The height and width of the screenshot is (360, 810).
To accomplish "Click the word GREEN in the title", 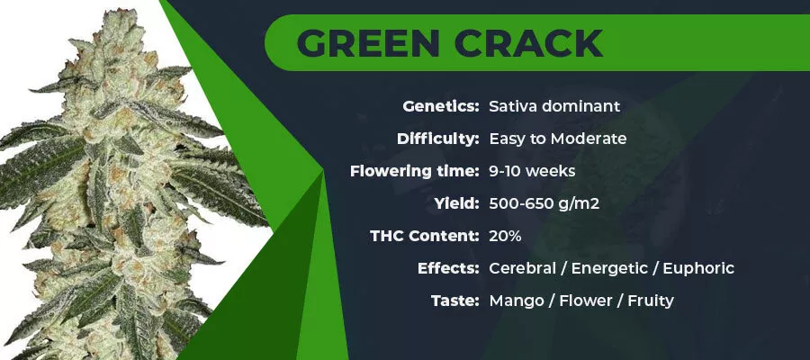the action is [x=368, y=42].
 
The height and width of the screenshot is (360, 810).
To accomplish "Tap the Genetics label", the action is [x=441, y=107].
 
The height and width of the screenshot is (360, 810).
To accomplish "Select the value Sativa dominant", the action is [x=554, y=106].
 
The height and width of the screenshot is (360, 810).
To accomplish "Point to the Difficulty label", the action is [x=438, y=139].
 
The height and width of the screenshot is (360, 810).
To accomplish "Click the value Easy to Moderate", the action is [x=558, y=139].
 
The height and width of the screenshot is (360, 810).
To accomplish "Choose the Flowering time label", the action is [x=415, y=171].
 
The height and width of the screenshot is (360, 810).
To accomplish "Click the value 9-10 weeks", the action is [x=532, y=171].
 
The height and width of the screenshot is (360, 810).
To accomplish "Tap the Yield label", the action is [x=457, y=203].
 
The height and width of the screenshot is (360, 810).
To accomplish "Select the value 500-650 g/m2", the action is [x=544, y=204].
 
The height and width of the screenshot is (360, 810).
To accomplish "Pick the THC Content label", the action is [x=425, y=236].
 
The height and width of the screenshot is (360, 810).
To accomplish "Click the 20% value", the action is [x=505, y=236].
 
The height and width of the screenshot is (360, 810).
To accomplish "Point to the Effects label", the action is [x=449, y=268].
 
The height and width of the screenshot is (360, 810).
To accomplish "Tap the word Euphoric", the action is [x=698, y=269].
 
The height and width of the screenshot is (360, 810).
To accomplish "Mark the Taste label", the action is [x=455, y=301].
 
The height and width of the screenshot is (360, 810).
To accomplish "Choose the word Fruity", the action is [x=651, y=301].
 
